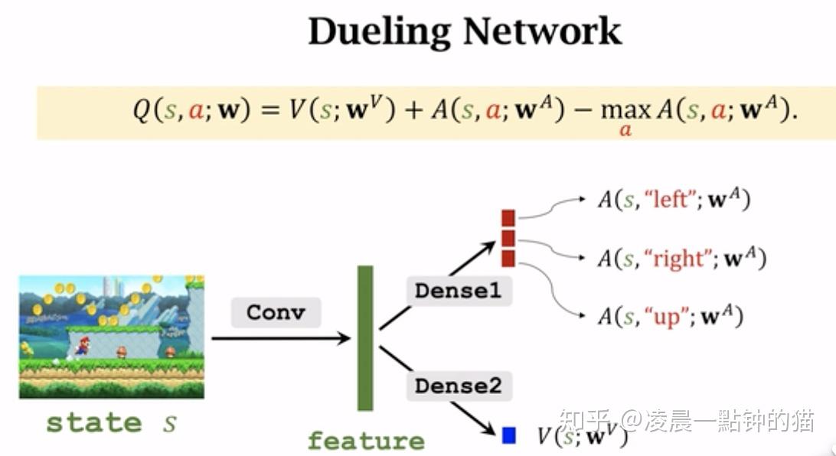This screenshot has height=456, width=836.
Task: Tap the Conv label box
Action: click(x=276, y=313)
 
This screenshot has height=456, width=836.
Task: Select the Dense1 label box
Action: click(x=458, y=291)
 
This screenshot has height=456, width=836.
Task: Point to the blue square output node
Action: click(x=508, y=435)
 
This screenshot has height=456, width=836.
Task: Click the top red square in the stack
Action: click(x=508, y=219)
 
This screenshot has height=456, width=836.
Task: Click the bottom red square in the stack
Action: click(x=508, y=258)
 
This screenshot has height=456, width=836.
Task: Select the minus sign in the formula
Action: click(x=584, y=112)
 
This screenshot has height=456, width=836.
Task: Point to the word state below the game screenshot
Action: click(x=94, y=423)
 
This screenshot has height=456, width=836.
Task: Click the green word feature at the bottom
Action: click(x=366, y=441)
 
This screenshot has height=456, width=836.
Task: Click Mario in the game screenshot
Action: click(x=82, y=347)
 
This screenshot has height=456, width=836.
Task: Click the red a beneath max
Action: click(x=625, y=131)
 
